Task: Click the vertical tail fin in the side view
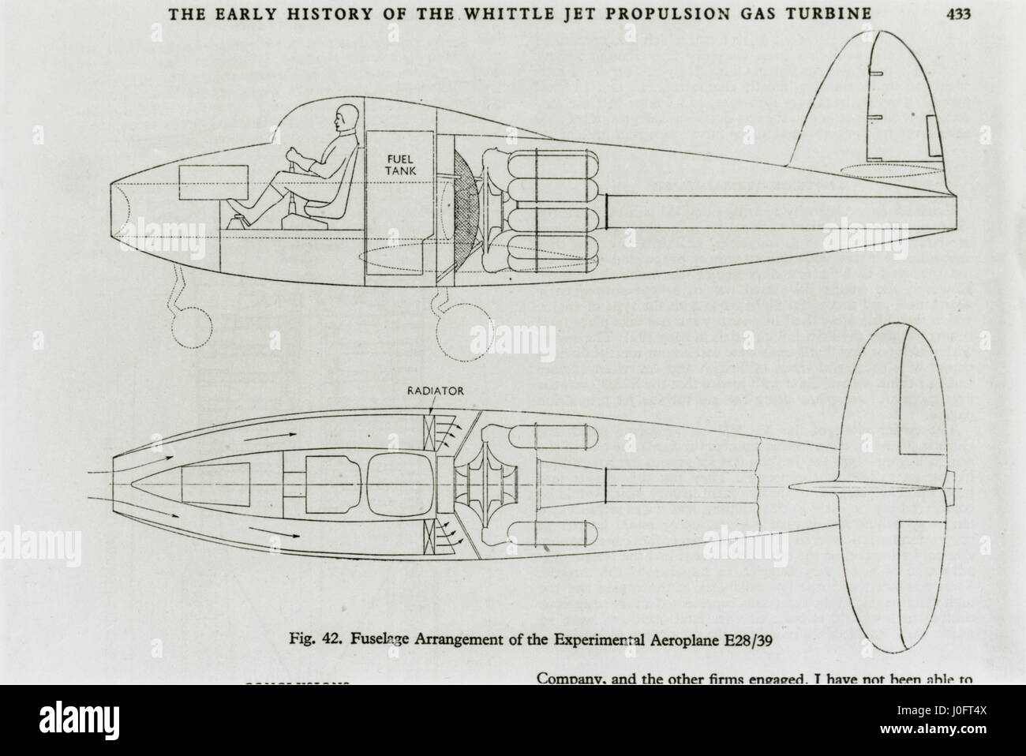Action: pyautogui.click(x=868, y=103)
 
